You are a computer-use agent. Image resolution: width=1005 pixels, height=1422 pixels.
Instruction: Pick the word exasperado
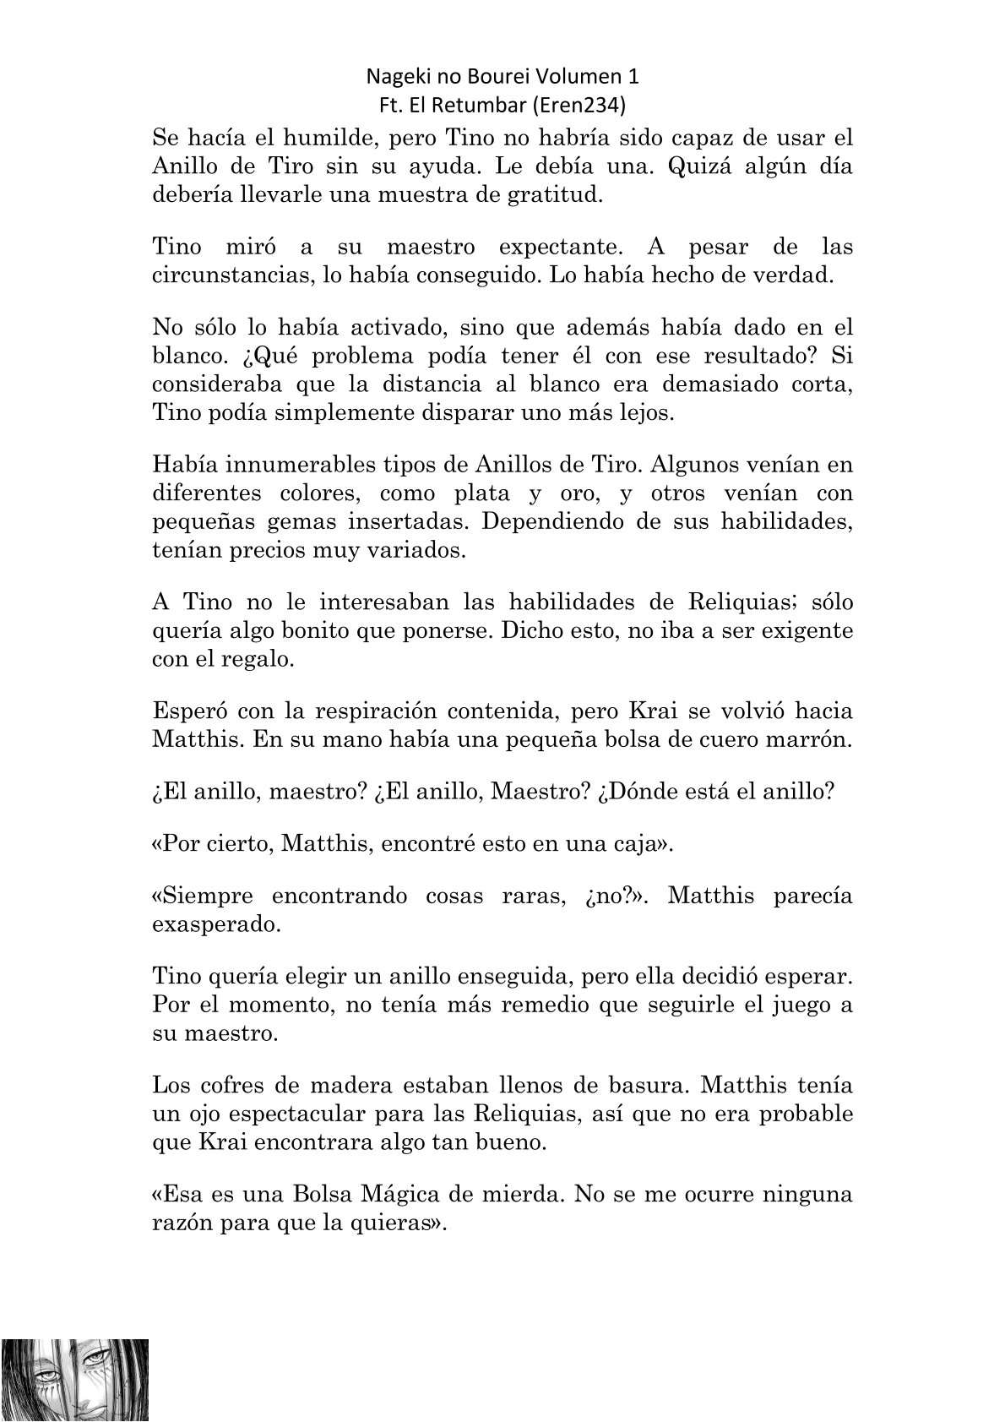tap(215, 923)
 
